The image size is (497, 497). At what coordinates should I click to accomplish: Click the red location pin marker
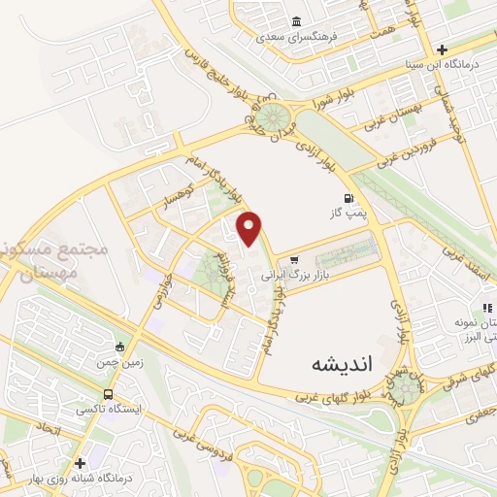pos(250,229)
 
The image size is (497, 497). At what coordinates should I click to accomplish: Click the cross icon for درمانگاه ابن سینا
pos(443,50)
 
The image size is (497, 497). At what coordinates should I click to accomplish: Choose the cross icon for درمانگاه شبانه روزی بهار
pos(80,463)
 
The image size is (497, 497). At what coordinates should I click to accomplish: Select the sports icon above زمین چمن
pos(119,347)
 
